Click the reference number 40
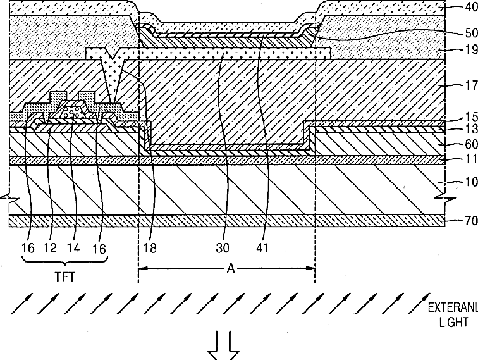(471, 7)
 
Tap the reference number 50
(471, 33)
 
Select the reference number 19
(471, 49)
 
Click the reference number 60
(471, 144)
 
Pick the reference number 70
(471, 220)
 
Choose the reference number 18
(150, 248)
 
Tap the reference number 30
(223, 248)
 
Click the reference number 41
(262, 248)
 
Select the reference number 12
(51, 248)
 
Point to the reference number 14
(73, 248)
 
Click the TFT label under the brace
(64, 276)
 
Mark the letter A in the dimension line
(231, 269)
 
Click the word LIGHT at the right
(453, 322)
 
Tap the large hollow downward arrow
(223, 345)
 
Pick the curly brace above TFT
(65, 260)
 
